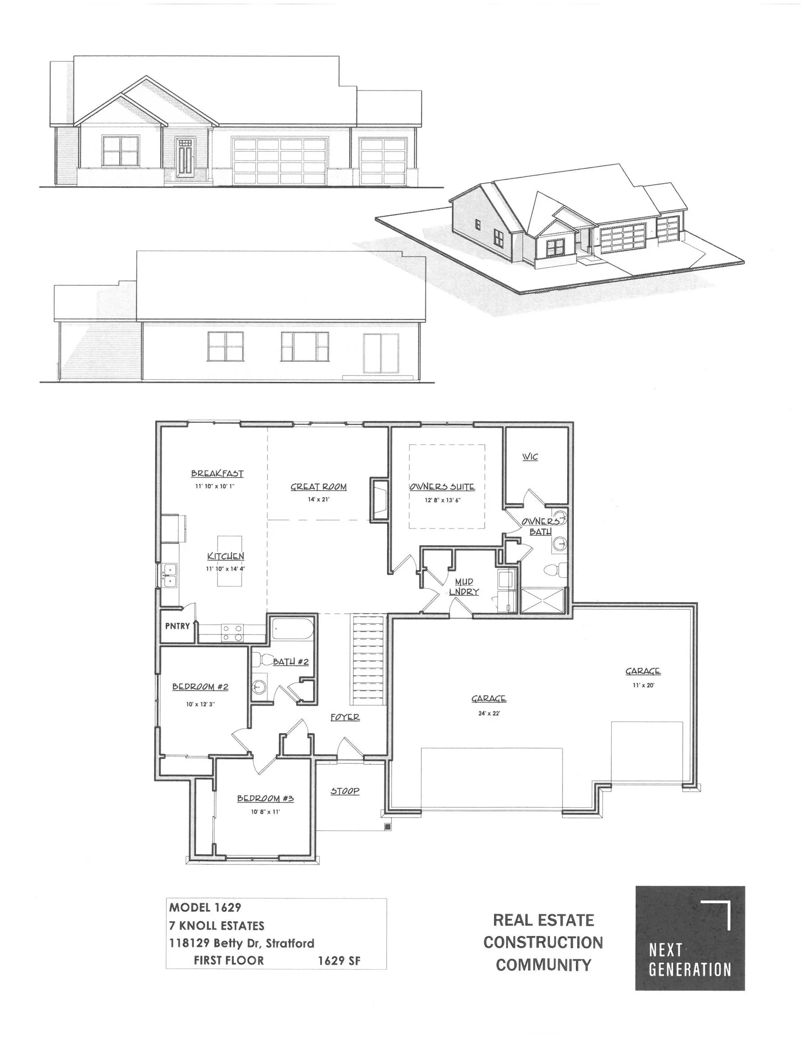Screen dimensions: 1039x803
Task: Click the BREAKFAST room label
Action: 217,474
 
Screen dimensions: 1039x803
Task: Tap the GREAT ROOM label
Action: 318,487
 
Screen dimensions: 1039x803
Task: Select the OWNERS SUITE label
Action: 442,487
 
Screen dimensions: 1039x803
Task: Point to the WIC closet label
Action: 530,457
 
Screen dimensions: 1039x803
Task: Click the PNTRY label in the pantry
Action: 177,626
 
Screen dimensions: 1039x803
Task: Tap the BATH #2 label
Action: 291,662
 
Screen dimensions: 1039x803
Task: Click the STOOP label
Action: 345,791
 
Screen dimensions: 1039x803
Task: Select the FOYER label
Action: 345,717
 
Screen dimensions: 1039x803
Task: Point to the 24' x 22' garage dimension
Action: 489,713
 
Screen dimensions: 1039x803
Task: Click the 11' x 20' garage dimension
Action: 642,685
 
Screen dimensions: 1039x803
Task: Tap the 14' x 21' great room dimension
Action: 318,500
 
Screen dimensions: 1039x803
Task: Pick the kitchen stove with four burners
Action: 232,632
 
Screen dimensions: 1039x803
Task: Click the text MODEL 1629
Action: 205,908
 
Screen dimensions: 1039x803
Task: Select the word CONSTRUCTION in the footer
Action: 543,942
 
